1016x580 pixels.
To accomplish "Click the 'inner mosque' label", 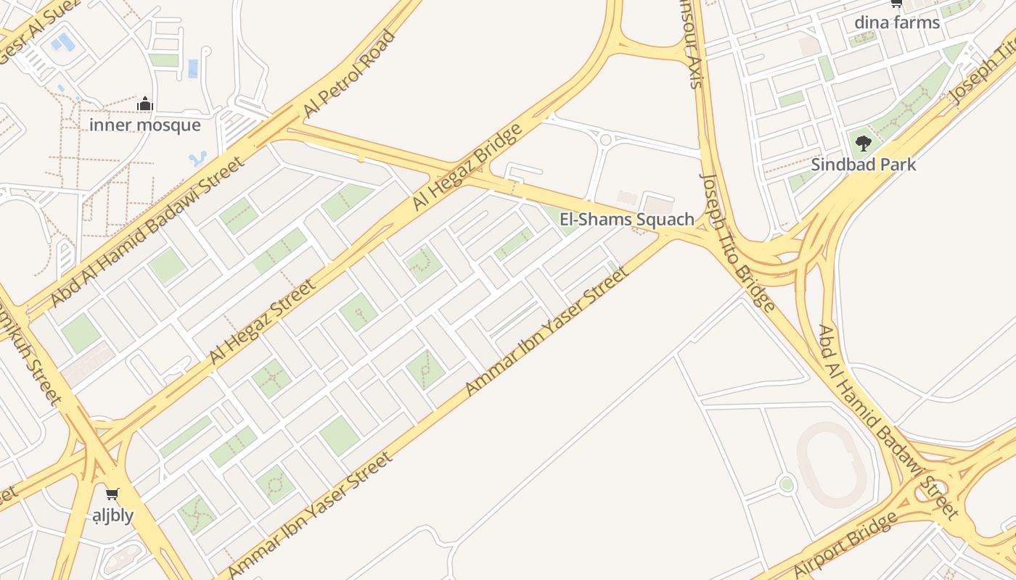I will coord(145,125).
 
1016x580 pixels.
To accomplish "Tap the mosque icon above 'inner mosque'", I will coord(145,104).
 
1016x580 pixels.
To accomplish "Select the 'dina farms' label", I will coord(897,22).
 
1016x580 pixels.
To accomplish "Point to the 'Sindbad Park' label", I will coord(863,165).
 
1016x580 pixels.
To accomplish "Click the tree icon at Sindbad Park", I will coord(863,143).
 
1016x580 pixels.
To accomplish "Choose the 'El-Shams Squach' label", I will coord(626,219).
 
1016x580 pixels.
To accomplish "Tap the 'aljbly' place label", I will coord(113,515).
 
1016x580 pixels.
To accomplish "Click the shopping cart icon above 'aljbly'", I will coord(112,494).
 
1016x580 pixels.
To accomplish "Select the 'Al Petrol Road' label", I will coord(350,74).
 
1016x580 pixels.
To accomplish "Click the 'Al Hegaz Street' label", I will coord(263,322).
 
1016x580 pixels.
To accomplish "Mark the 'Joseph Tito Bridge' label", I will coord(736,242).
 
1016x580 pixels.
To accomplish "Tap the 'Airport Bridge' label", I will coord(846,544).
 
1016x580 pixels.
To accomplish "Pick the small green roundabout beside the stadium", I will coord(787,484).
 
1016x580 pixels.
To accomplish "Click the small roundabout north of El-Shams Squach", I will coord(605,139).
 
